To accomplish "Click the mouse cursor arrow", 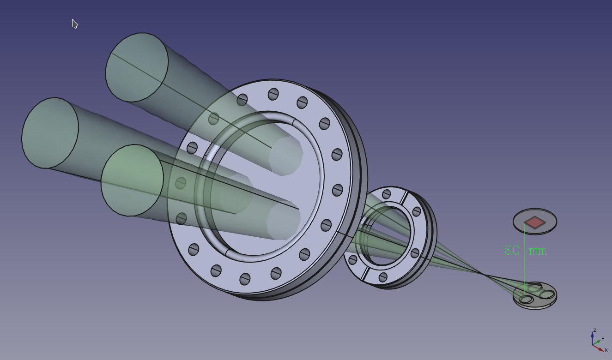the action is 74,24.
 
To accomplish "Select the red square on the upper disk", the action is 535,222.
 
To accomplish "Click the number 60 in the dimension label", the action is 512,250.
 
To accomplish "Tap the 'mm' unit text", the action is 538,252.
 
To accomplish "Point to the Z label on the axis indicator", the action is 594,330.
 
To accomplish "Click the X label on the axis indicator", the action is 606,350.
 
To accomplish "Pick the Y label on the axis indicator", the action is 603,339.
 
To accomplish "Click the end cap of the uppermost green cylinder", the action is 137,67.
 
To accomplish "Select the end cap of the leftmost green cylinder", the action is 50,132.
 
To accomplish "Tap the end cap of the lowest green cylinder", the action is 132,180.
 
